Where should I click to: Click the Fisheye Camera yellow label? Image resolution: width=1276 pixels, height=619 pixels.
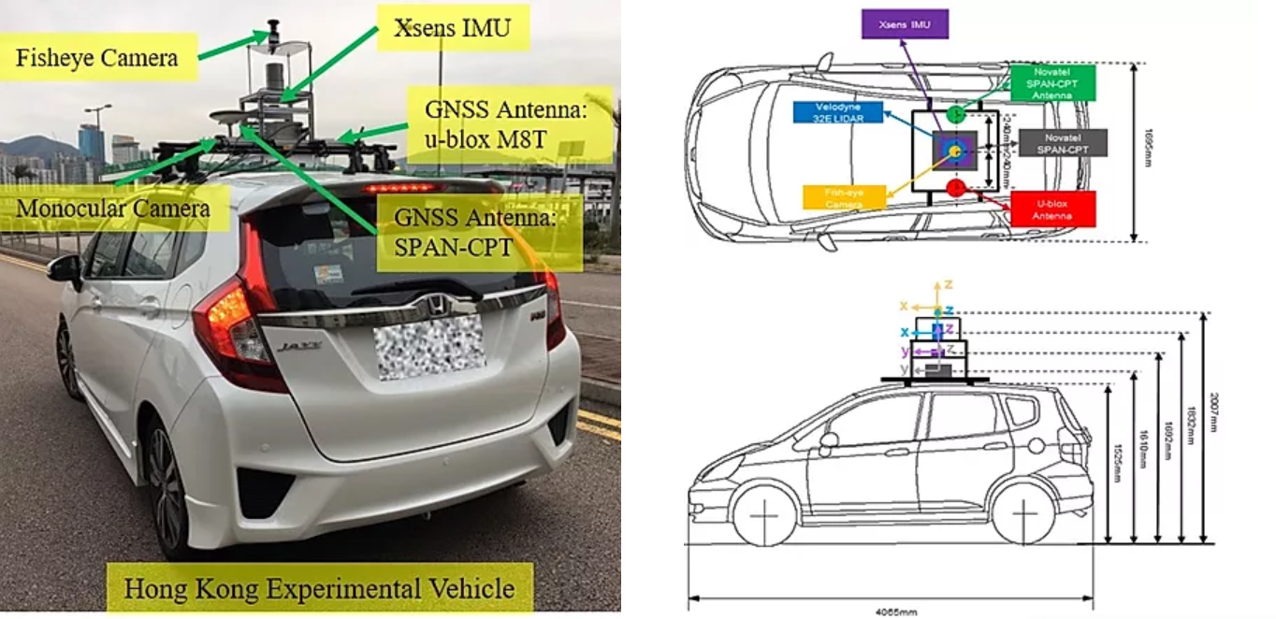[96, 58]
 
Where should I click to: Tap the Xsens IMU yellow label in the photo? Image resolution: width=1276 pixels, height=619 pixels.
[453, 28]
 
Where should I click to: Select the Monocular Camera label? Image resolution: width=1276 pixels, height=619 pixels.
[113, 208]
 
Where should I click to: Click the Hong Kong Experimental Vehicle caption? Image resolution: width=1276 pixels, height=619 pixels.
[319, 589]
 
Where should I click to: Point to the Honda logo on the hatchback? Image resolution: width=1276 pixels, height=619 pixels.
[437, 304]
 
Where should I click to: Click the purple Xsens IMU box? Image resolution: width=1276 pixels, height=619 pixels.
[905, 22]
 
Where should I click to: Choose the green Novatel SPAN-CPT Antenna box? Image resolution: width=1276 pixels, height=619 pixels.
[1051, 83]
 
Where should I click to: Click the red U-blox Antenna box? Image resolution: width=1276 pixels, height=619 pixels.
[1052, 208]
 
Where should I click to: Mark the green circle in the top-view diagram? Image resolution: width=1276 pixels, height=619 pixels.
[954, 115]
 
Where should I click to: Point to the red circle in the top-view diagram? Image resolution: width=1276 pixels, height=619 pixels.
[955, 188]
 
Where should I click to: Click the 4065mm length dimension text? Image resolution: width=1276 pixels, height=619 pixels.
[890, 612]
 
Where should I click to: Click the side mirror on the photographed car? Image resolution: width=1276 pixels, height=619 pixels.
[65, 269]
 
